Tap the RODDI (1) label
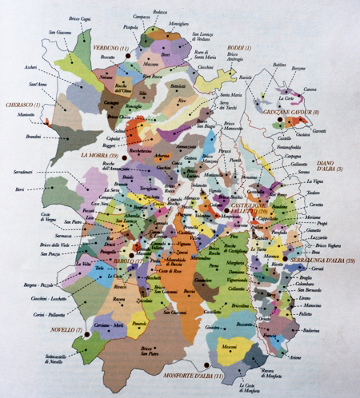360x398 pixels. (x=237, y=49)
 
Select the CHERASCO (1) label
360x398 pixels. (x=22, y=105)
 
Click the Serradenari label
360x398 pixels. (x=22, y=174)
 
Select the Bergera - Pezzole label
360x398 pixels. (x=34, y=283)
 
